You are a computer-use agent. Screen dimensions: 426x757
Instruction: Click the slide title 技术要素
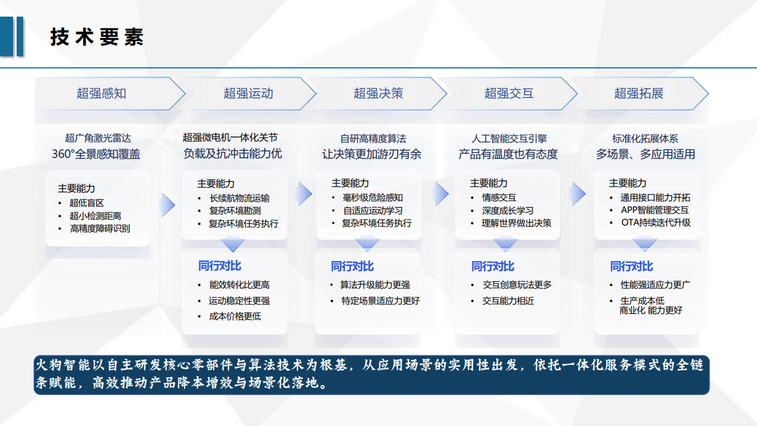97,37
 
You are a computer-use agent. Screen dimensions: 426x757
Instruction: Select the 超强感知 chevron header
102,93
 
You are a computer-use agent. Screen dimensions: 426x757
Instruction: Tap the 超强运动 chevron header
248,93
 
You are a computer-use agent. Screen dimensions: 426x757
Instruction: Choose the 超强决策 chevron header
378,93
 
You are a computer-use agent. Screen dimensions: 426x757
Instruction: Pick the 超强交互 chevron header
509,93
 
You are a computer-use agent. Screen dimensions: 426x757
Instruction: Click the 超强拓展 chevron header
639,93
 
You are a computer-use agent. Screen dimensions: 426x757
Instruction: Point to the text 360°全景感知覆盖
96,154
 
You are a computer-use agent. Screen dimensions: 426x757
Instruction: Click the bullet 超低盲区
87,203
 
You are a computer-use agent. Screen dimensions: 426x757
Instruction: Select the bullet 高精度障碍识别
100,228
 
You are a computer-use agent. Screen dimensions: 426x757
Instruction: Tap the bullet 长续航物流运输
240,198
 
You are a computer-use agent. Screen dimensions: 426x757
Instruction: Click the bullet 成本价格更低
235,316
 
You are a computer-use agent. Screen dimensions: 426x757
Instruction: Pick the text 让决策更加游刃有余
372,154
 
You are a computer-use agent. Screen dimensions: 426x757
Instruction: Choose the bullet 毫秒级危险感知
373,198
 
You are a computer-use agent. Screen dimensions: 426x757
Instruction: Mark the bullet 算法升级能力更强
375,285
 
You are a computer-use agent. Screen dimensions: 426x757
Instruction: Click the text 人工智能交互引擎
509,139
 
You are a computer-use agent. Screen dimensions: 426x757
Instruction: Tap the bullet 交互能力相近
508,301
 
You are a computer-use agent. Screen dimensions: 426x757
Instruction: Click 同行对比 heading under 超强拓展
631,266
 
